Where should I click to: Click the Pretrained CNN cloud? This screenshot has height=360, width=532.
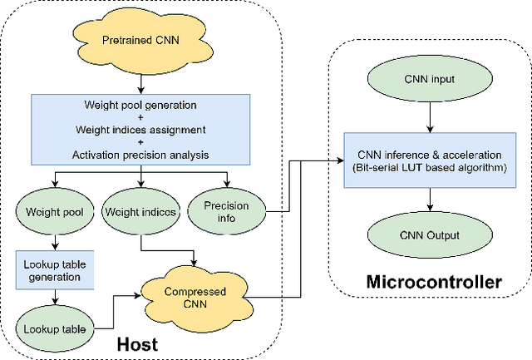point(140,40)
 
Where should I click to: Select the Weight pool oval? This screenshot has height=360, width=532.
point(55,212)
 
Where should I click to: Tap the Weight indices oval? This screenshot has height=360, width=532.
point(140,212)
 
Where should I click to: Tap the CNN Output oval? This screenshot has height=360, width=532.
point(428,234)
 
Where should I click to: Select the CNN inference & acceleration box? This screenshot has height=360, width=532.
point(428,160)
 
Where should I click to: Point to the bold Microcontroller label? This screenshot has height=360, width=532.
point(433,283)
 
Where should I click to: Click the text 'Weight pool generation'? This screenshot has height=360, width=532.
point(140,105)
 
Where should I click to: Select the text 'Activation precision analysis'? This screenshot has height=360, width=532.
point(140,155)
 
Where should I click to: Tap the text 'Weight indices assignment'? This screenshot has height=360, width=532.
point(140,130)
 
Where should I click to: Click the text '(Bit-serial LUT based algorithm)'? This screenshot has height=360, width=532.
point(428,167)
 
